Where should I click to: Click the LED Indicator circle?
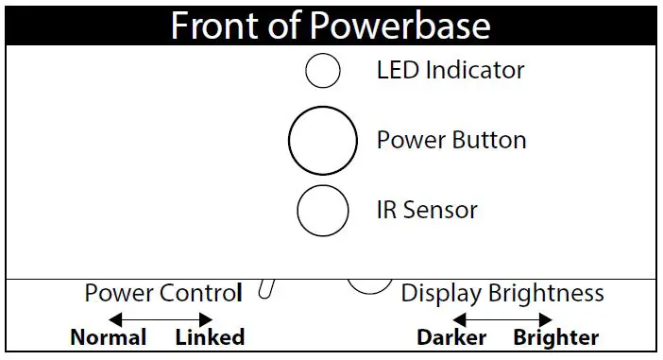click(323, 71)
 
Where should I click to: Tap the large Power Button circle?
click(323, 142)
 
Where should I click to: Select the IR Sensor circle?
click(323, 211)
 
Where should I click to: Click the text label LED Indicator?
click(450, 70)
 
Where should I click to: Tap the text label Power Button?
click(451, 141)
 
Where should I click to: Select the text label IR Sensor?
click(427, 210)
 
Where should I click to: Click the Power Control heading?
click(162, 293)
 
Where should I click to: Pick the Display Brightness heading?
click(502, 293)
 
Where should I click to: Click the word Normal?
click(109, 337)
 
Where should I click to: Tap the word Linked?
click(210, 337)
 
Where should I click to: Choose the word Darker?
click(451, 337)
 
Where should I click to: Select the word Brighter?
click(555, 337)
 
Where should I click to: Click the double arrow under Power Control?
click(161, 319)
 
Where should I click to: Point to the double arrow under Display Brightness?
click(502, 319)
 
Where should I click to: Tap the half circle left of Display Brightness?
click(369, 285)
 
